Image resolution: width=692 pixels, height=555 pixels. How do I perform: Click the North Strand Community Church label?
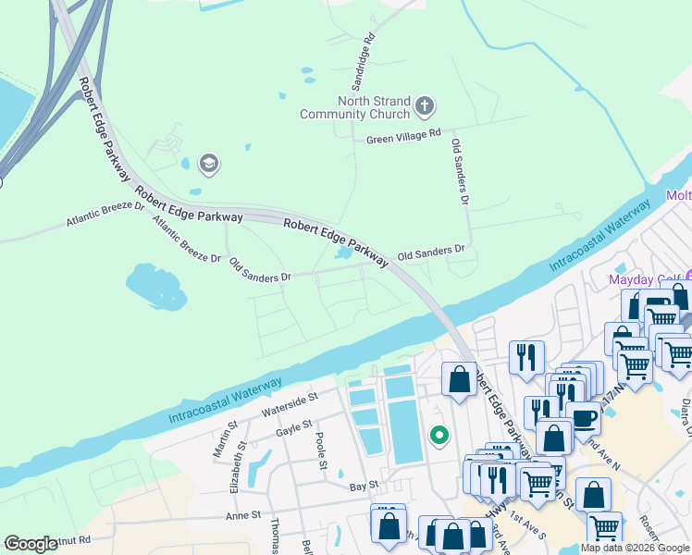pos(354,107)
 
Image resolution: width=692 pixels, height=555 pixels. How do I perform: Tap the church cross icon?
pos(425,106)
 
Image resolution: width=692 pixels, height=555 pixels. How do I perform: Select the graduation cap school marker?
pos(208,165)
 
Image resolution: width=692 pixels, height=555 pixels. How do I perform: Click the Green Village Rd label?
pos(403,136)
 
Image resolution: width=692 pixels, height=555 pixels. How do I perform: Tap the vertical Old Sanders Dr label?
pos(460,172)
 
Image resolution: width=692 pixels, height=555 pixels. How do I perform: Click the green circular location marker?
pos(439,433)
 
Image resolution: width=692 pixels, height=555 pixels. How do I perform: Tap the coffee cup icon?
pos(582,418)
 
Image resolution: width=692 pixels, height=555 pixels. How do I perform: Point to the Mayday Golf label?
pos(644,278)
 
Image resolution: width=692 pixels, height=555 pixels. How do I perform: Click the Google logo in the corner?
pos(31,544)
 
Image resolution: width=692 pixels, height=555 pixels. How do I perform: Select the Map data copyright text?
pos(634,548)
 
